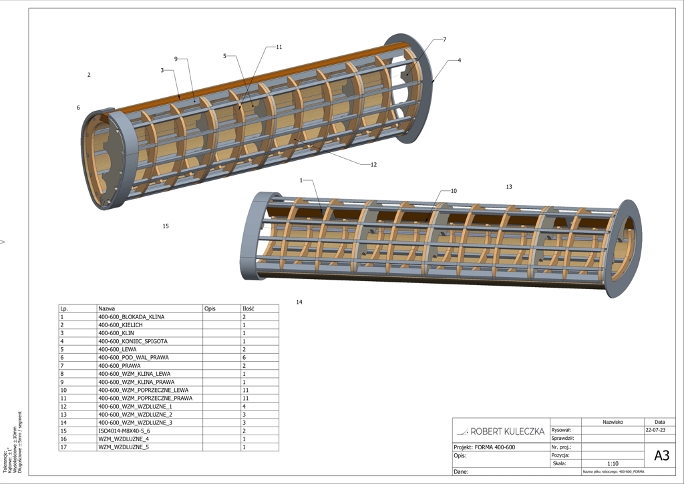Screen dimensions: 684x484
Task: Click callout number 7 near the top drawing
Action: click(x=444, y=40)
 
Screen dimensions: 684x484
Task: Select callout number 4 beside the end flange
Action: click(x=460, y=60)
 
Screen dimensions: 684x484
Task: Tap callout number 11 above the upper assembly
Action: click(x=279, y=47)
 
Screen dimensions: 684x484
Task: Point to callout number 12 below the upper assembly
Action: click(x=373, y=164)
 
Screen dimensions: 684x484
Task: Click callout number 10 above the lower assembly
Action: click(x=454, y=191)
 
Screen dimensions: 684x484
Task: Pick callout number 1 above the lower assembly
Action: click(x=302, y=180)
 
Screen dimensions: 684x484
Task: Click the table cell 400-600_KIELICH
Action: click(x=120, y=325)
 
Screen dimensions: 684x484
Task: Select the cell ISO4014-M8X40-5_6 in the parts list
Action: click(x=124, y=431)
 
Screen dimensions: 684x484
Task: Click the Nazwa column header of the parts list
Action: click(x=106, y=309)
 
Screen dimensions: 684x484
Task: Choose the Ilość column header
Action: click(x=248, y=309)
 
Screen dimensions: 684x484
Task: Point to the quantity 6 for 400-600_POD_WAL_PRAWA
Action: click(x=244, y=357)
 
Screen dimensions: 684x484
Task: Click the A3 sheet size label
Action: click(x=661, y=456)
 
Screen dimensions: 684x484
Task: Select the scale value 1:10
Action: click(x=613, y=463)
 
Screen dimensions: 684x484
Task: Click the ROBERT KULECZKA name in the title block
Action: click(x=507, y=431)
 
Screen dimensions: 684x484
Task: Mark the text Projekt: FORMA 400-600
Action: click(x=484, y=447)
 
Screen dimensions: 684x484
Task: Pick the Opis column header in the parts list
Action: click(x=210, y=309)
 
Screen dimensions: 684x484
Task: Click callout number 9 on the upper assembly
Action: click(x=176, y=59)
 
